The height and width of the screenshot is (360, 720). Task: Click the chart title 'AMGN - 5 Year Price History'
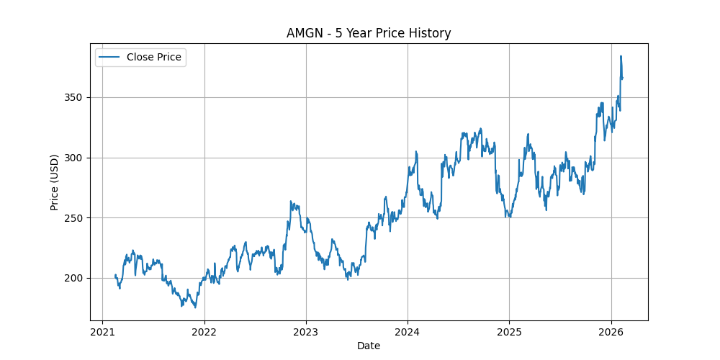coord(369,33)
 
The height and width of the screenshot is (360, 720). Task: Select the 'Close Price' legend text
coord(153,57)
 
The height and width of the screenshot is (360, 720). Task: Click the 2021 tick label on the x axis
coord(102,332)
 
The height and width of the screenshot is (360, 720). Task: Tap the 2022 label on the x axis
coord(204,332)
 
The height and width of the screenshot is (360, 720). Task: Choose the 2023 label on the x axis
coord(306,332)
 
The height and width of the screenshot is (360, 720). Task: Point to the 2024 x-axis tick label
coord(408,332)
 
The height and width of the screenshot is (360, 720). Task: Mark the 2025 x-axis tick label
coord(509,332)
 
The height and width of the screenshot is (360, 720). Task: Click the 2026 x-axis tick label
coord(611,332)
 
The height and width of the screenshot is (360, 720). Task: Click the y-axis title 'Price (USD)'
coord(55,182)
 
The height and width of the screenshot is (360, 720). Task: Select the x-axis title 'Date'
coord(369,346)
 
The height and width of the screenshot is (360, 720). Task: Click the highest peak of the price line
coord(621,56)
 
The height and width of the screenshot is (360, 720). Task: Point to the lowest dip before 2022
coord(195,307)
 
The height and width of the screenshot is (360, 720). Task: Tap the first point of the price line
coord(115,275)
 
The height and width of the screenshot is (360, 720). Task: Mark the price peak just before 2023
coord(291,202)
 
